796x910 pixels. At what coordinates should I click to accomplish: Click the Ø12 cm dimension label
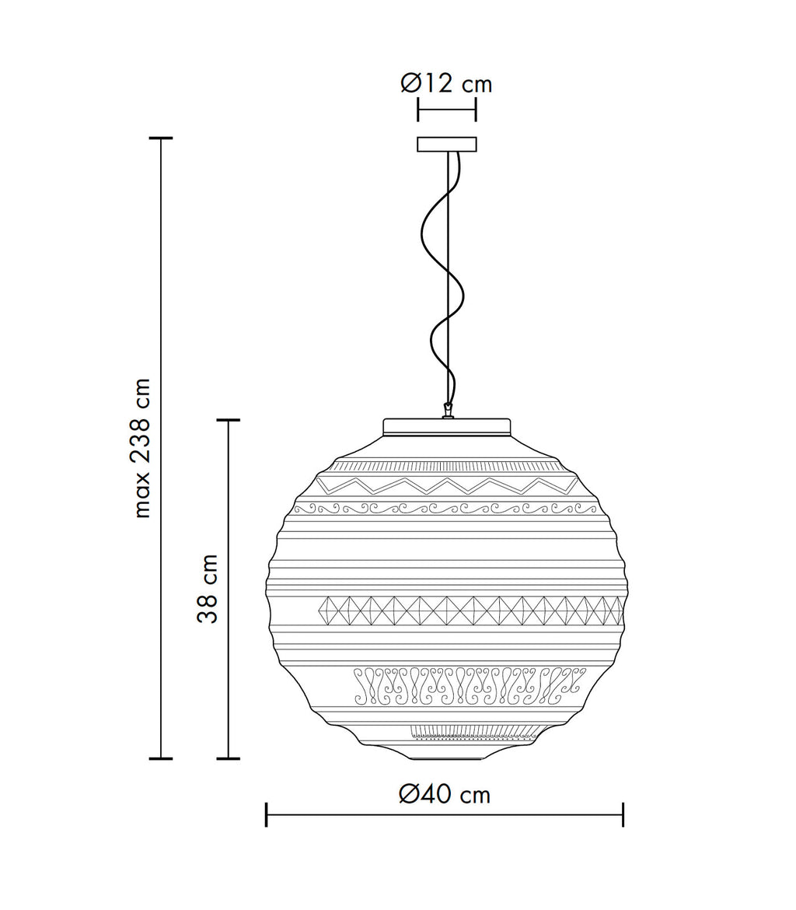(x=446, y=83)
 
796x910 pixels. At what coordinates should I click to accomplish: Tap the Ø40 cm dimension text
(x=445, y=794)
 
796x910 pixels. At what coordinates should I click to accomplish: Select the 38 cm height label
(x=208, y=589)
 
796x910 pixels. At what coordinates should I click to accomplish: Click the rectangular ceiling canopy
(x=447, y=145)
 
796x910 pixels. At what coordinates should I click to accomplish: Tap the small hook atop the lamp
(x=447, y=410)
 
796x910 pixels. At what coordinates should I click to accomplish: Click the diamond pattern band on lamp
(x=466, y=611)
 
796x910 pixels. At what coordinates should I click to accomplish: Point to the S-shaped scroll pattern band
(x=466, y=685)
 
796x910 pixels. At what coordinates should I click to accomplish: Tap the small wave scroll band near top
(x=447, y=509)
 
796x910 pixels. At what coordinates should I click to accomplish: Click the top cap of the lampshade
(x=447, y=427)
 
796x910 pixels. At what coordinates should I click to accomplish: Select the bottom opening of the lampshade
(x=447, y=758)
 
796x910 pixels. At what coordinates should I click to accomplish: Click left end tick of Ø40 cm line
(x=267, y=814)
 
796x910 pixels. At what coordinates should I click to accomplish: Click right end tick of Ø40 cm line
(x=623, y=814)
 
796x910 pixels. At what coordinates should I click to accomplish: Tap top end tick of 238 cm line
(x=161, y=138)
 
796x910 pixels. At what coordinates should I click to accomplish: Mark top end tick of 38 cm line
(x=228, y=420)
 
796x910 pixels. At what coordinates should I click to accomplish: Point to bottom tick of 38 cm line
(x=228, y=758)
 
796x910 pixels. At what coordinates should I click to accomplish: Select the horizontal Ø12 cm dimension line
(x=447, y=110)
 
